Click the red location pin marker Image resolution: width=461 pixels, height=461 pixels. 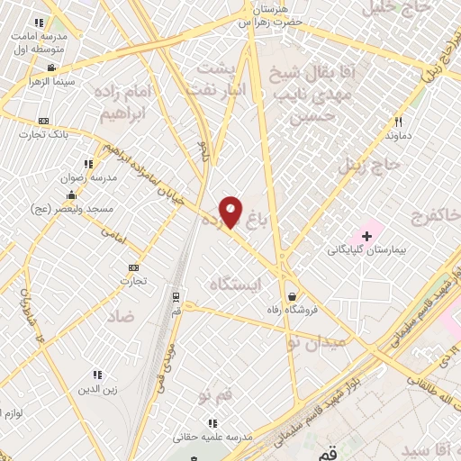[x=230, y=212]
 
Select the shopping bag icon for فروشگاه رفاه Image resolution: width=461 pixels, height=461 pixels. [x=292, y=296]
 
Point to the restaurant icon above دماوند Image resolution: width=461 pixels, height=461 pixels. [x=397, y=121]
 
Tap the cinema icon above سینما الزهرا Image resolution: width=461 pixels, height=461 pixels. [x=52, y=68]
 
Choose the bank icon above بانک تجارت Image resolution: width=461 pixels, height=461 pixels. [x=43, y=121]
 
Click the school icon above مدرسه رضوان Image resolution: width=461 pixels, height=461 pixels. [x=87, y=164]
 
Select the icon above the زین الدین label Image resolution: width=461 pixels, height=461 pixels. [x=96, y=375]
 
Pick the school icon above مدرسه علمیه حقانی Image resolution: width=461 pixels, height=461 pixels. [x=212, y=422]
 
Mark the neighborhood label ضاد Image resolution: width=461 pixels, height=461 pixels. [x=119, y=316]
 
